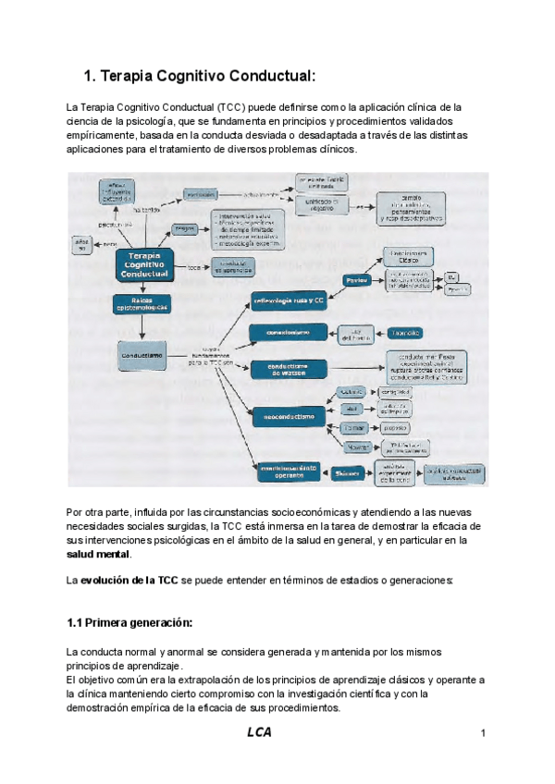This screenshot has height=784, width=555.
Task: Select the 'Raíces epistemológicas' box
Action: [142, 304]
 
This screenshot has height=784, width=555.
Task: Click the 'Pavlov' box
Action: [357, 279]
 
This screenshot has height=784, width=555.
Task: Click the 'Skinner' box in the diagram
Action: [347, 472]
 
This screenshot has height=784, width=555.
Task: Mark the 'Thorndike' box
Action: [406, 332]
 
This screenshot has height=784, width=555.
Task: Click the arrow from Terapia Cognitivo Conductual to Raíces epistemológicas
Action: [142, 288]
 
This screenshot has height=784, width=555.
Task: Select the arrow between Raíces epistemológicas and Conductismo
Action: [142, 327]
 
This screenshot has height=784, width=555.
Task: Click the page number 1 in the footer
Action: [484, 733]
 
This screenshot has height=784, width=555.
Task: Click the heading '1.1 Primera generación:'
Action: [129, 621]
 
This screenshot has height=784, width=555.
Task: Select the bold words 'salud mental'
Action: [98, 554]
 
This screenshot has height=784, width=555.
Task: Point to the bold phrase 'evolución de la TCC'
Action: [129, 580]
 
